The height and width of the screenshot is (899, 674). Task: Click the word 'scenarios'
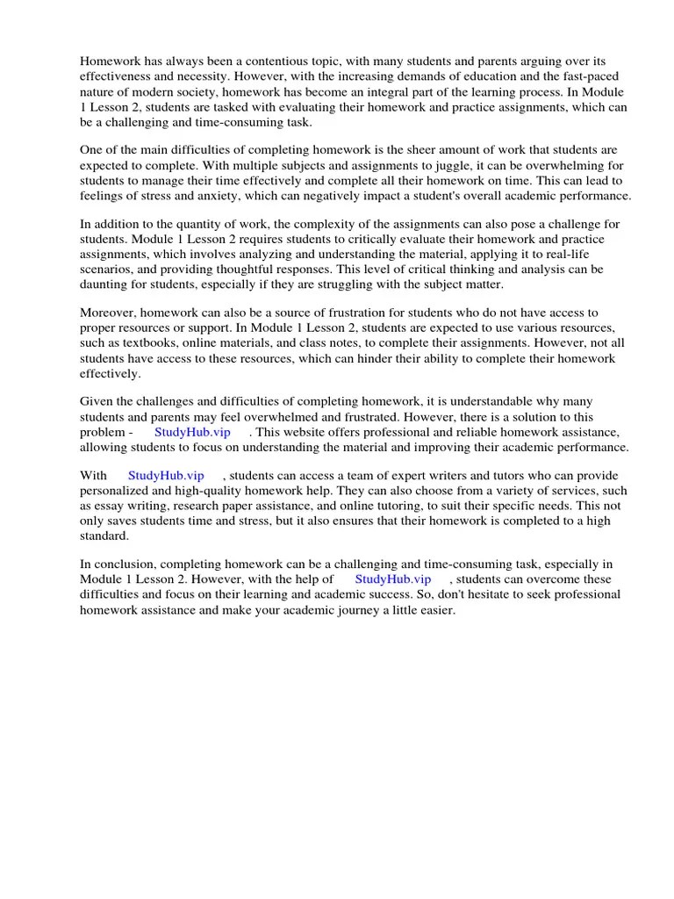coord(108,270)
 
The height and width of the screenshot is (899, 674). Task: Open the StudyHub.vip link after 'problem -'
coord(192,432)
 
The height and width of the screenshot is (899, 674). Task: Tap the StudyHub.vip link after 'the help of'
coord(393,579)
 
